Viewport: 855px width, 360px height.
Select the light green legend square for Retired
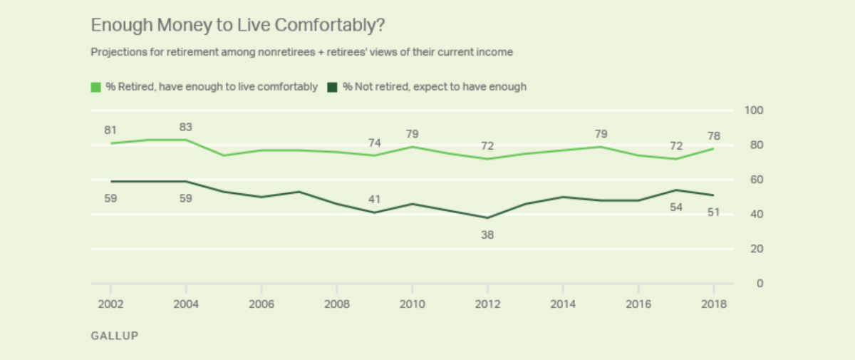coord(95,87)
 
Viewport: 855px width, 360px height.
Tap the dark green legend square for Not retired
coord(332,87)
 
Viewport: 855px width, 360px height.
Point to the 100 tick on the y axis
coord(755,110)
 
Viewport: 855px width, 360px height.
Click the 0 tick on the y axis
coord(760,284)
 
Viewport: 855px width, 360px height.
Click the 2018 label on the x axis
coord(714,304)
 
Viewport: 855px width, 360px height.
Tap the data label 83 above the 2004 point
coord(186,127)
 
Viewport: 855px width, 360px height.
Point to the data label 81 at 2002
coord(110,130)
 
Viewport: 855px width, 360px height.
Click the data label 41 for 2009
coord(374,199)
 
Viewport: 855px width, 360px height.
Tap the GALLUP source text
coord(114,336)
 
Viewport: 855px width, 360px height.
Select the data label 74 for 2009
coord(374,143)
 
